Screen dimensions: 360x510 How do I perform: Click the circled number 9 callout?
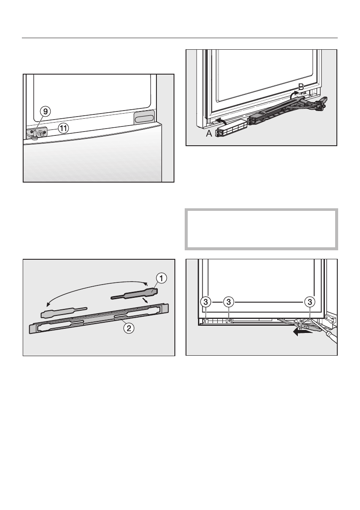click(45, 111)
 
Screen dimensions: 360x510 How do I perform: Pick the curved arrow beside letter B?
click(294, 95)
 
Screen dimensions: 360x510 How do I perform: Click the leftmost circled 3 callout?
click(206, 302)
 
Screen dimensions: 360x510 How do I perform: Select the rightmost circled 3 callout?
click(309, 302)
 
